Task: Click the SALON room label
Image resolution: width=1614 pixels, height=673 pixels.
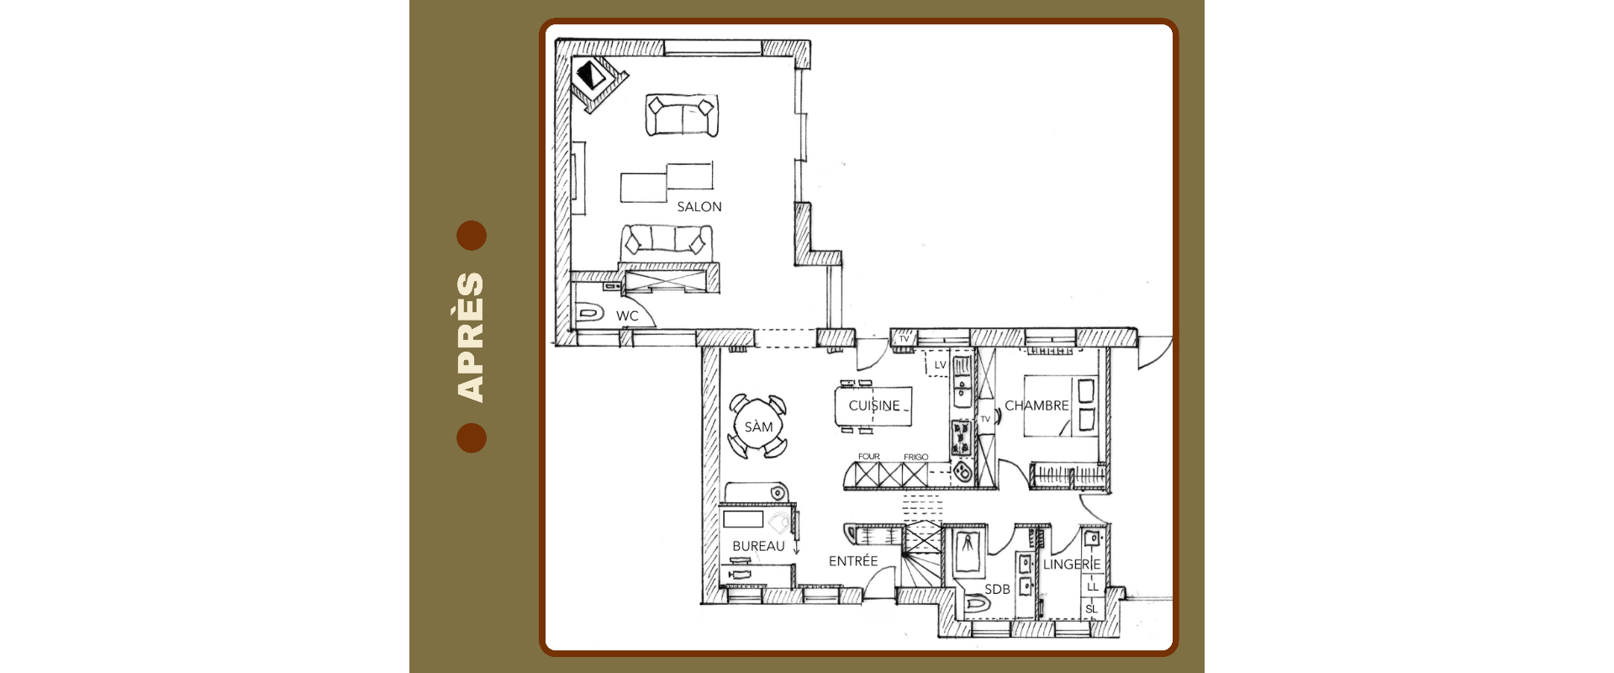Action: click(x=699, y=207)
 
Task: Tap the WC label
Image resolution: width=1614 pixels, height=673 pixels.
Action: click(x=627, y=316)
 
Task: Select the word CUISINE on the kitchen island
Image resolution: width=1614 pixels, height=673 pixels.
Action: click(x=874, y=405)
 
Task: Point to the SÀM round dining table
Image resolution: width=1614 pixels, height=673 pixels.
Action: click(x=758, y=427)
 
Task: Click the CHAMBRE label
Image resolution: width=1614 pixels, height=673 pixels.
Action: click(x=1036, y=405)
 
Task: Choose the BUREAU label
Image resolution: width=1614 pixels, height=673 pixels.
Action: click(x=758, y=546)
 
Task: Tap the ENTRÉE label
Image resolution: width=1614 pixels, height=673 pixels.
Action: click(x=853, y=560)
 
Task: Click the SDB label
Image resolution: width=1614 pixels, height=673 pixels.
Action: click(x=997, y=589)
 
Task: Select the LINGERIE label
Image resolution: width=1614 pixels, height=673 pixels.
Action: click(x=1072, y=564)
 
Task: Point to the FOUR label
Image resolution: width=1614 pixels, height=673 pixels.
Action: click(x=869, y=457)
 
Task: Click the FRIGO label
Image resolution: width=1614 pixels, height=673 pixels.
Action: click(x=916, y=457)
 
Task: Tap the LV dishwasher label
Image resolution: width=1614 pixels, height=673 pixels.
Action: click(x=940, y=365)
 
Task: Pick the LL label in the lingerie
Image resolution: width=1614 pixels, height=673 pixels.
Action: click(x=1092, y=586)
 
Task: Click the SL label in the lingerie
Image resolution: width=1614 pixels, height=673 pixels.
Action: click(x=1091, y=609)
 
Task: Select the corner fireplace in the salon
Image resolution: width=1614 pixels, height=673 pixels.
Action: click(x=599, y=82)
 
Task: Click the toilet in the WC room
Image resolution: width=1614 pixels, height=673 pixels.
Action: click(x=590, y=314)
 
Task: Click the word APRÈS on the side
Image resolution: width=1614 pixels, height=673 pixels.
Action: click(x=470, y=336)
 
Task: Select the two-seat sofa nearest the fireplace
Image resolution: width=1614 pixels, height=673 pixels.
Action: click(x=682, y=116)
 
